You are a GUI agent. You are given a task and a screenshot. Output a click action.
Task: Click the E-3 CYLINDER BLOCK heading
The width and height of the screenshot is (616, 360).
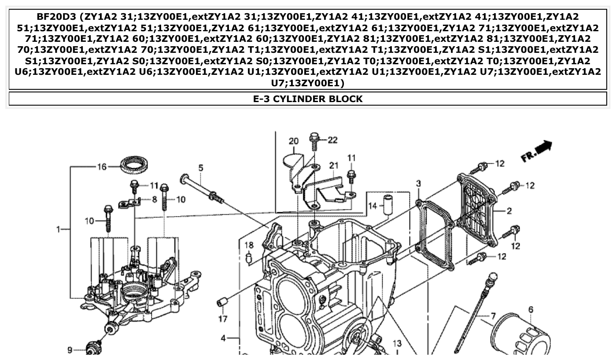pos(308,99)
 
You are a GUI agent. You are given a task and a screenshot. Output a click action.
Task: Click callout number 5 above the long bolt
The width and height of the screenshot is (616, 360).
pos(201,168)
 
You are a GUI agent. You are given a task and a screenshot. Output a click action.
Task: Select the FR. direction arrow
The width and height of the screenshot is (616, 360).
pos(537,151)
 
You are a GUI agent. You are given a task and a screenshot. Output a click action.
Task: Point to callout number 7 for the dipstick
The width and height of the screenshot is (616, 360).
pos(493,316)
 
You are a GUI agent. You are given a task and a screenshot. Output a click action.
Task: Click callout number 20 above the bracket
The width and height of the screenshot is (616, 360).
pos(293,141)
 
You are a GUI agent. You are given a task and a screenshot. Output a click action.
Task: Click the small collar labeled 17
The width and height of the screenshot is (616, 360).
pos(223,303)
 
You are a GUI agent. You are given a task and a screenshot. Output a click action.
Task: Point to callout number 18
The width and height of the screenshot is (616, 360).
pos(249,245)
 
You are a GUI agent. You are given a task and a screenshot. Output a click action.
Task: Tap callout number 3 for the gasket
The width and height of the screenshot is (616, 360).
pos(418,183)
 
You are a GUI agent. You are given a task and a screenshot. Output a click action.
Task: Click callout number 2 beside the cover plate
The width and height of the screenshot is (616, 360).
pos(509,211)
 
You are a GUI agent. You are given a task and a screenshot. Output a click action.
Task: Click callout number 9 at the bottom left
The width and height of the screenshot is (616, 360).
pos(70,350)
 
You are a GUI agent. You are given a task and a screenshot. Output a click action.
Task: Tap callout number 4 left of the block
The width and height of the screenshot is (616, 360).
pos(223,338)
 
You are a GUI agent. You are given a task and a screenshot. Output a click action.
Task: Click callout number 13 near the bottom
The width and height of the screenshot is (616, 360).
pos(397,343)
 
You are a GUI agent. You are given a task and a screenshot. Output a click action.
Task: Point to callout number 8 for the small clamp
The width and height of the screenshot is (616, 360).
pos(154,199)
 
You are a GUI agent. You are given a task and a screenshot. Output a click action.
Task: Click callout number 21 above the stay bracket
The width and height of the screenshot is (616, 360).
pos(334,165)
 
